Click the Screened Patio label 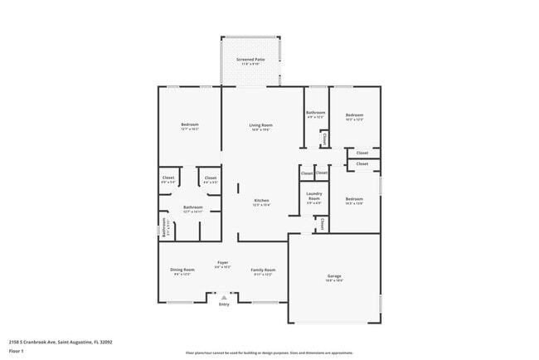[250, 60]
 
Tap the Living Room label [261, 125]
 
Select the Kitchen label [261, 201]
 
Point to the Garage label [334, 275]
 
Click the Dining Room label [182, 270]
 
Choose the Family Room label [264, 270]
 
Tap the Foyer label [223, 263]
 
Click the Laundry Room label [314, 197]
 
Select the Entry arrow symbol [223, 296]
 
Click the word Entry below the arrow [224, 304]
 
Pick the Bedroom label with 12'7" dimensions [190, 124]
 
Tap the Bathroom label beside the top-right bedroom [315, 113]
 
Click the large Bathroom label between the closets [193, 207]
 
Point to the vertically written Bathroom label [164, 226]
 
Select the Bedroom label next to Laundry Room [354, 199]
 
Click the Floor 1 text [17, 351]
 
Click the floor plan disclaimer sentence [269, 353]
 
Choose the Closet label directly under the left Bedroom [168, 178]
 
